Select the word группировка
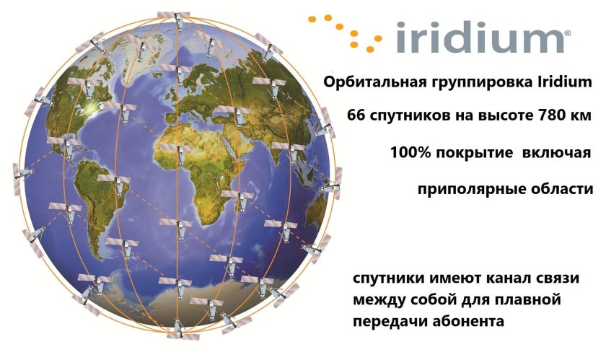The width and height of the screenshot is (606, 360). coord(471,82)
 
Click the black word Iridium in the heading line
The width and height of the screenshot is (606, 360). coord(556,82)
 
